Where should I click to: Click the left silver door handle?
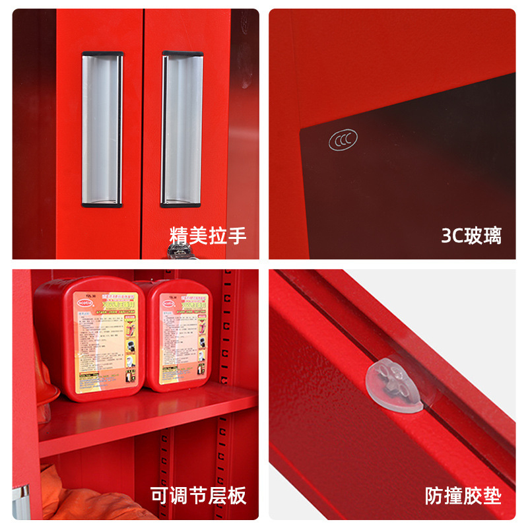point(102,129)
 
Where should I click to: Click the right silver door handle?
point(182,129)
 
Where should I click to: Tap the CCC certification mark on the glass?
point(341,141)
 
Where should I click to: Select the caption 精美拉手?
point(208,235)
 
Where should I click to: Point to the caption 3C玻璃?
point(471,235)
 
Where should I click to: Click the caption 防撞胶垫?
point(463,495)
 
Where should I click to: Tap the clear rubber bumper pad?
point(394,384)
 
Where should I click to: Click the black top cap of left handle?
point(102,54)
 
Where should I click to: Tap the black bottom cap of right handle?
point(181,205)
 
